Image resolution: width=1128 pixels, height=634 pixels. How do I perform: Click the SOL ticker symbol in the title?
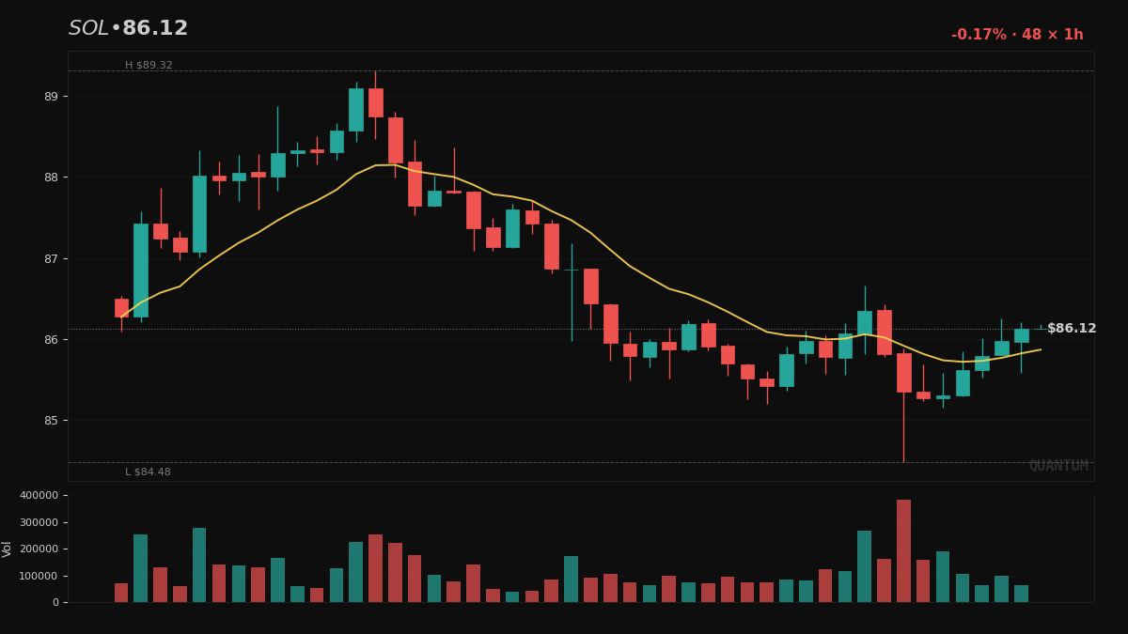(x=88, y=29)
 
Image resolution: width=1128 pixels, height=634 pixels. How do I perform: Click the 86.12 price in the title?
(x=155, y=29)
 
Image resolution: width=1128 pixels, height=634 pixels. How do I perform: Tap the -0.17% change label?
(x=979, y=35)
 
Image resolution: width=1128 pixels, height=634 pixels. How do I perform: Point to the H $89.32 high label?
(x=149, y=66)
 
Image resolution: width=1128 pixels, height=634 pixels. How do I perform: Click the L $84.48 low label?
(x=148, y=472)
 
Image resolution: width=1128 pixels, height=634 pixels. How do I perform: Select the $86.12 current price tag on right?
(x=1072, y=329)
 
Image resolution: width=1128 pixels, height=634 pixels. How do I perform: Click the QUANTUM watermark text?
(x=1058, y=466)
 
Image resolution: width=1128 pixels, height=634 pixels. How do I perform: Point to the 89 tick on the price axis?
(x=50, y=97)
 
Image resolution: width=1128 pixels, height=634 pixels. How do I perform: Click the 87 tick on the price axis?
(x=50, y=258)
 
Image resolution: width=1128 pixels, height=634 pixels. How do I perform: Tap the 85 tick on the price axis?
(x=50, y=421)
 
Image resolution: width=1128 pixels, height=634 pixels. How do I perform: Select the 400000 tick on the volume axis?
(x=39, y=495)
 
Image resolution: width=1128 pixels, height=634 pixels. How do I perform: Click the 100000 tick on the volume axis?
(x=39, y=576)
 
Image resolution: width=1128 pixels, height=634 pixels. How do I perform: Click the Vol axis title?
(x=8, y=549)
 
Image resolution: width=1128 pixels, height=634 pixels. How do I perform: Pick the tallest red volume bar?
(x=903, y=551)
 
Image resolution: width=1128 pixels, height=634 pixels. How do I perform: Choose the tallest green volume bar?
(x=199, y=564)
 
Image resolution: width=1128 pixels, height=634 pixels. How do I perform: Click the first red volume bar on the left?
(x=121, y=593)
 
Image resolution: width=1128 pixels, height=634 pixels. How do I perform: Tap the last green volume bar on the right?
(x=1021, y=594)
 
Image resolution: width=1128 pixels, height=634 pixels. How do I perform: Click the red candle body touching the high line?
(x=376, y=102)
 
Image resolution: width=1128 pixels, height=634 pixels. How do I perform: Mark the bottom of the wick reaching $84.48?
(x=903, y=461)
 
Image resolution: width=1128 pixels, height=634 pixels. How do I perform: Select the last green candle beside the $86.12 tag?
(x=1021, y=335)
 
